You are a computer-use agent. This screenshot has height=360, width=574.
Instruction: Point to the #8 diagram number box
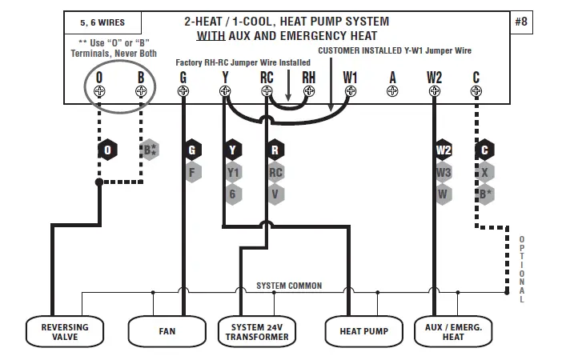pos(521,22)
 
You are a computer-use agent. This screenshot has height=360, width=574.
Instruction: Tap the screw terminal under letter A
pos(392,91)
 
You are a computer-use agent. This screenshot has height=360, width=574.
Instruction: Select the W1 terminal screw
pos(350,91)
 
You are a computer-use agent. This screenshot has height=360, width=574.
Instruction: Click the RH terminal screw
pos(308,91)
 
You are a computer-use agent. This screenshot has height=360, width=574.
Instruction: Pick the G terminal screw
pos(183,91)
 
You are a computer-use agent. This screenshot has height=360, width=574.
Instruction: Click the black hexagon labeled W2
pos(444,150)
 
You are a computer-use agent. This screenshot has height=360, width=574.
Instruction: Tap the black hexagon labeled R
pos(275,150)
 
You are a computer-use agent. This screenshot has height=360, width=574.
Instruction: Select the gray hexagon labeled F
pos(191,171)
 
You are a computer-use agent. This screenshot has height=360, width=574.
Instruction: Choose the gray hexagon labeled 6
pos(233,193)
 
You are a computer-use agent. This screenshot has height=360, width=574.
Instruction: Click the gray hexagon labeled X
pos(485,171)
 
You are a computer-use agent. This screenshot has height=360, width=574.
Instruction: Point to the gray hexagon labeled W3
pos(444,171)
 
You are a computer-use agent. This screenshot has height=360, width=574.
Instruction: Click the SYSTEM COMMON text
pos(289,286)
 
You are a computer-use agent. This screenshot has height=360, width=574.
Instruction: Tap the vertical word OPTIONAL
pos(522,269)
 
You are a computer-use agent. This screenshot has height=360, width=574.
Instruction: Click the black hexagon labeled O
pos(106,150)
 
